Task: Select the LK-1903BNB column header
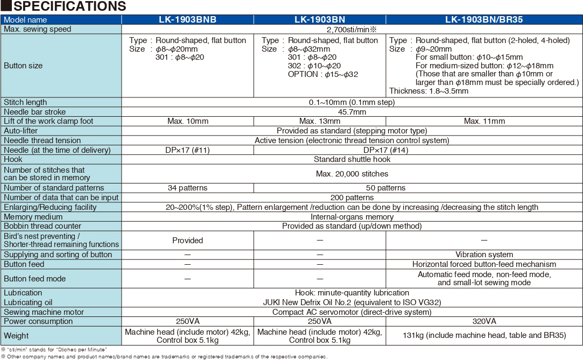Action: [x=187, y=20]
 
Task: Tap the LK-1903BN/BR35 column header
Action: [x=484, y=20]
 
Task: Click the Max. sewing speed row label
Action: [x=38, y=29]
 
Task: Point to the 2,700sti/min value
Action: [x=352, y=29]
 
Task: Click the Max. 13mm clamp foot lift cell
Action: [x=320, y=121]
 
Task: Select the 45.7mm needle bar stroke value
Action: [x=352, y=112]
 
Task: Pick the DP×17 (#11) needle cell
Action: [x=187, y=150]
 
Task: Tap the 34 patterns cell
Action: [x=187, y=188]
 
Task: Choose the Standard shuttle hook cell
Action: [x=352, y=159]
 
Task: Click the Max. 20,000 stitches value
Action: [x=352, y=174]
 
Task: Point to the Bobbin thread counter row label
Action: [x=43, y=226]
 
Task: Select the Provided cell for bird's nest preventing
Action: [x=187, y=241]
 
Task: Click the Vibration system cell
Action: [x=484, y=255]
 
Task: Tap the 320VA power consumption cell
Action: [x=484, y=321]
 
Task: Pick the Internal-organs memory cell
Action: [x=352, y=217]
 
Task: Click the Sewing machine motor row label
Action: [x=44, y=312]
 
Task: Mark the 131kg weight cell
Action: [x=484, y=335]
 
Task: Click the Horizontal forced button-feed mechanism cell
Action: [x=484, y=264]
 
